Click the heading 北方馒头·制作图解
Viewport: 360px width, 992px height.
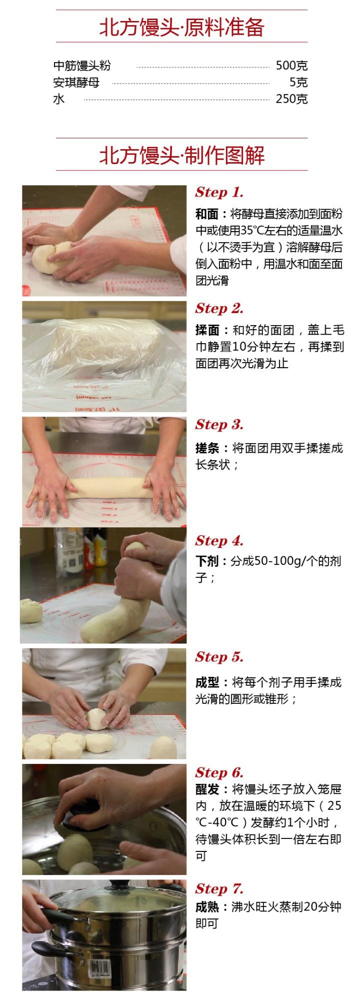pyautogui.click(x=181, y=156)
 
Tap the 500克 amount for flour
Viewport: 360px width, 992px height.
pyautogui.click(x=291, y=66)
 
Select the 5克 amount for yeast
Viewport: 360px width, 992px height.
pyautogui.click(x=298, y=82)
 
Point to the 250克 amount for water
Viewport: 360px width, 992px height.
pyautogui.click(x=291, y=99)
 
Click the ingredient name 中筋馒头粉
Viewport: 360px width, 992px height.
pyautogui.click(x=82, y=66)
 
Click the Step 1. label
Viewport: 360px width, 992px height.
pyautogui.click(x=219, y=192)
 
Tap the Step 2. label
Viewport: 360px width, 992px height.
pyautogui.click(x=219, y=308)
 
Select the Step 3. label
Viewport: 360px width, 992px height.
pyautogui.click(x=219, y=424)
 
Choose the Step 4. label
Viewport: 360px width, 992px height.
pyautogui.click(x=219, y=540)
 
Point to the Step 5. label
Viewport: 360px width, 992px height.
pyautogui.click(x=219, y=656)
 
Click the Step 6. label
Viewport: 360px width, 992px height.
pyautogui.click(x=219, y=772)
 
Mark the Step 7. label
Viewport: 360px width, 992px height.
pyautogui.click(x=219, y=888)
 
